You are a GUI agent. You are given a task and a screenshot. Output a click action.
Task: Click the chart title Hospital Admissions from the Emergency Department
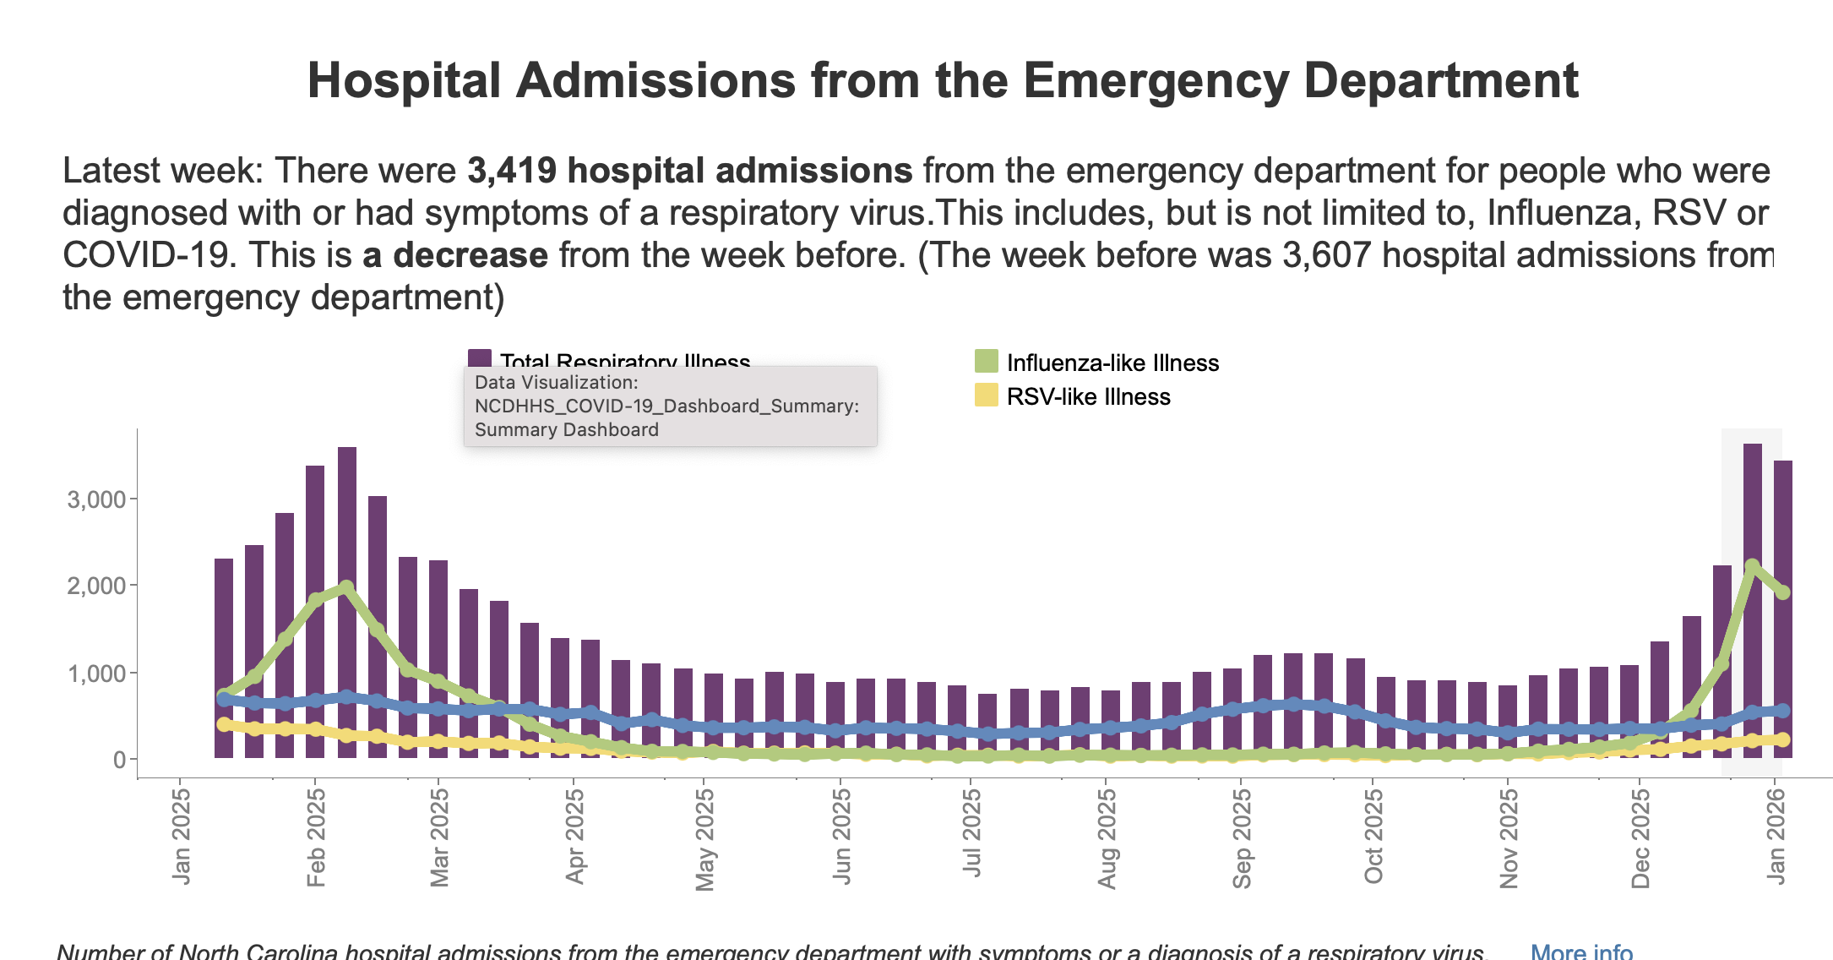(x=942, y=81)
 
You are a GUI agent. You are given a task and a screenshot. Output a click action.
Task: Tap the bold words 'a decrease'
(x=454, y=255)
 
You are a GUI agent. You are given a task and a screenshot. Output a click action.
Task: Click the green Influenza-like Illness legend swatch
(x=986, y=362)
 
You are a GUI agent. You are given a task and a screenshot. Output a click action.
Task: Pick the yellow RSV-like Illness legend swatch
(x=986, y=395)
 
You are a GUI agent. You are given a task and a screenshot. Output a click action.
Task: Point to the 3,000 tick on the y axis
(x=96, y=499)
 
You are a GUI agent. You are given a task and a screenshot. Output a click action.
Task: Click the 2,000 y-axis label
(x=96, y=586)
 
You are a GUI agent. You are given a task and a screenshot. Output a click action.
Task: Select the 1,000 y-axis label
(x=96, y=674)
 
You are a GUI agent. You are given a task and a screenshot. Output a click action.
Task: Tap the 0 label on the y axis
(x=119, y=760)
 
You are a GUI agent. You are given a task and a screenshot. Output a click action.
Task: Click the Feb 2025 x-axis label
(x=316, y=837)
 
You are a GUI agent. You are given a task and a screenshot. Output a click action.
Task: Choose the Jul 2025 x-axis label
(x=972, y=833)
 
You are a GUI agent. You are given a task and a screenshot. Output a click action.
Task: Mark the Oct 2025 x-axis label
(x=1373, y=836)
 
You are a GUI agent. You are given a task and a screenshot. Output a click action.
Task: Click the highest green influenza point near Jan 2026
(x=1752, y=566)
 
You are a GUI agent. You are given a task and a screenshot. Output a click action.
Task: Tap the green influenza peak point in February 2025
(x=346, y=586)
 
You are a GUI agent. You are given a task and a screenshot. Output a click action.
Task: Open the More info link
(x=1581, y=952)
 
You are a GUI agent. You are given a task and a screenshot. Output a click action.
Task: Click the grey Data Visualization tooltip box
(x=670, y=406)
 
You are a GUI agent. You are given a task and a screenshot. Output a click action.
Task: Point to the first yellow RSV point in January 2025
(x=224, y=724)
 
